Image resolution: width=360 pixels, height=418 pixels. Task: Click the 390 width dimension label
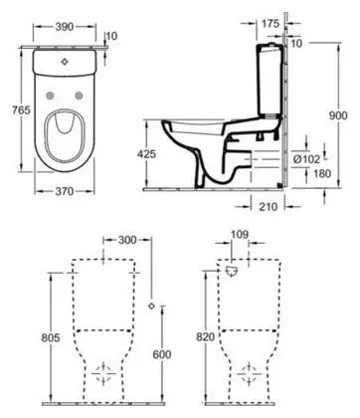pos(64,27)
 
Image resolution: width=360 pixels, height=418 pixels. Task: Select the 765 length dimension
pos(21,109)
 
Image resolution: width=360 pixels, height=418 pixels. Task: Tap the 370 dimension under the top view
pos(65,191)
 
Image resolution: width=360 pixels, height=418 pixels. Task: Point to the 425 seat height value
pos(146,154)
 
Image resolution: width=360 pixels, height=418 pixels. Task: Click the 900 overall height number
pos(338,115)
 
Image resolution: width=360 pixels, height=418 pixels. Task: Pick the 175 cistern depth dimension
pos(270,24)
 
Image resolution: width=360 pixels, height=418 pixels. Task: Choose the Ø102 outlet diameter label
pos(307,159)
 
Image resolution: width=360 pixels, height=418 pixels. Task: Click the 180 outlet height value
pos(312,173)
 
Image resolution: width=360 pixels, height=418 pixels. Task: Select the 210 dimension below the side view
pos(268,206)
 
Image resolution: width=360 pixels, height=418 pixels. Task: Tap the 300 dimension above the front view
pos(127,240)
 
